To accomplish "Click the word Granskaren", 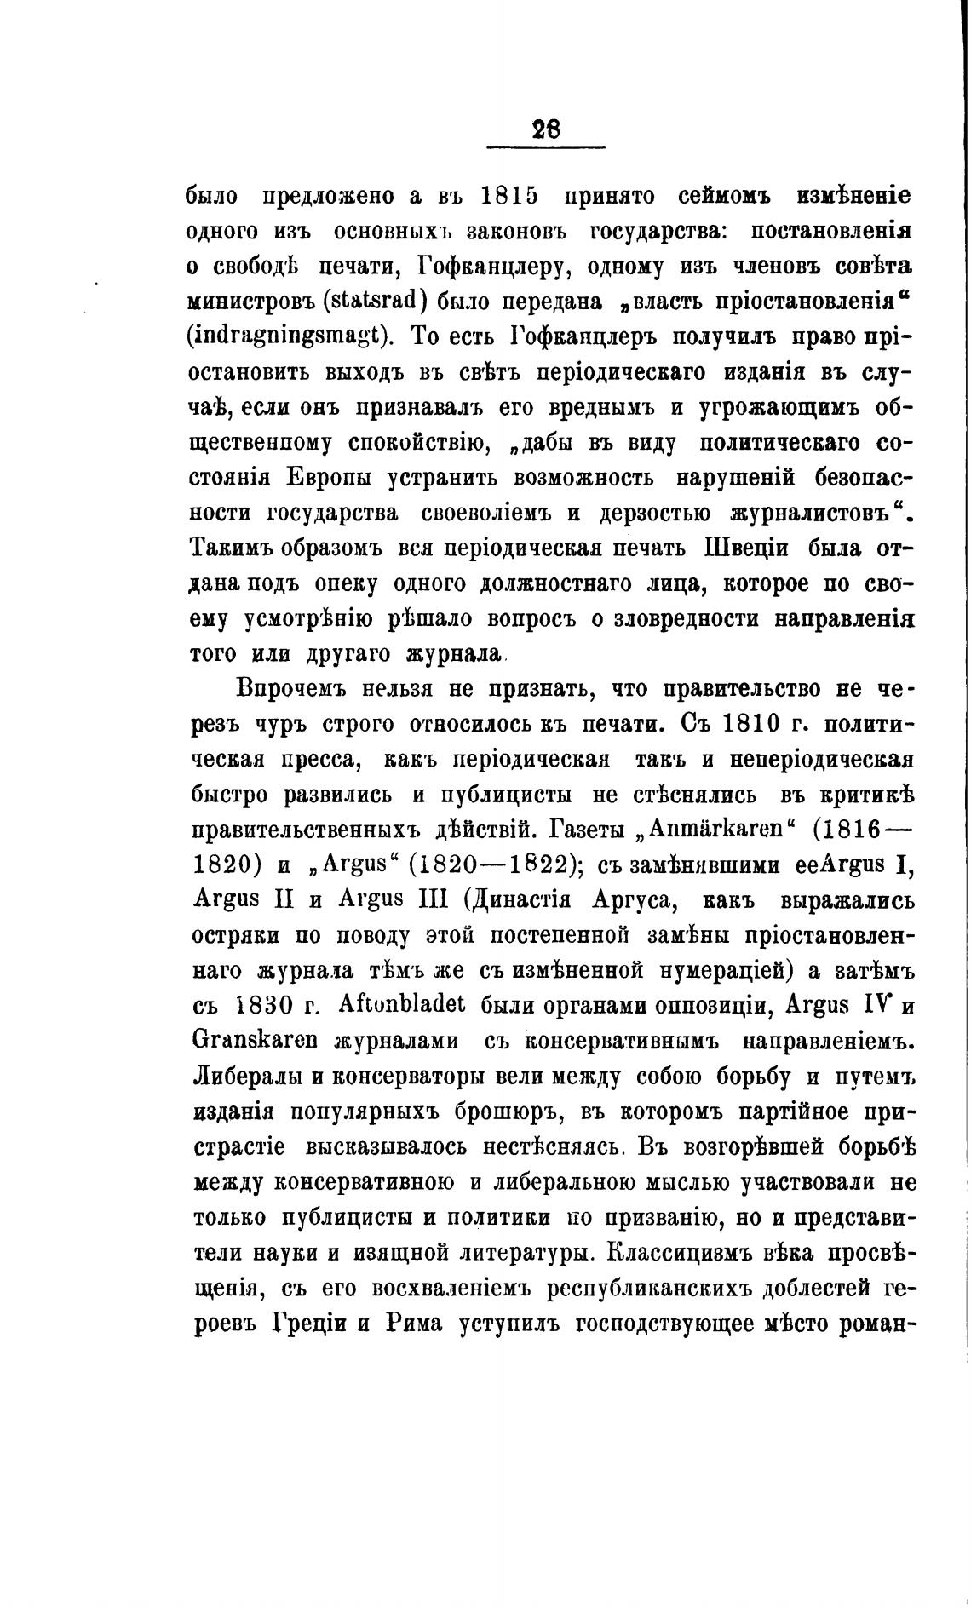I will (x=255, y=1042).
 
